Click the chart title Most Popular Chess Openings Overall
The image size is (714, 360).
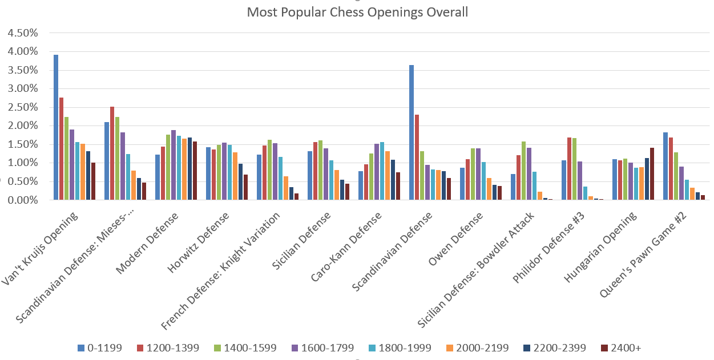[357, 12]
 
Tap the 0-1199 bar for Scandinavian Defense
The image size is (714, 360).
[412, 132]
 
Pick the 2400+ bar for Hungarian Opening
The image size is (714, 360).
[652, 174]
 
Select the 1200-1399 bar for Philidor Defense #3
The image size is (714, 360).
[569, 168]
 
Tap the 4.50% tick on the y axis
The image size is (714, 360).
[23, 33]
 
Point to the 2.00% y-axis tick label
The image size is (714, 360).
[23, 126]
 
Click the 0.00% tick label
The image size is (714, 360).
[23, 200]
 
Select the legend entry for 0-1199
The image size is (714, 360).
[100, 347]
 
